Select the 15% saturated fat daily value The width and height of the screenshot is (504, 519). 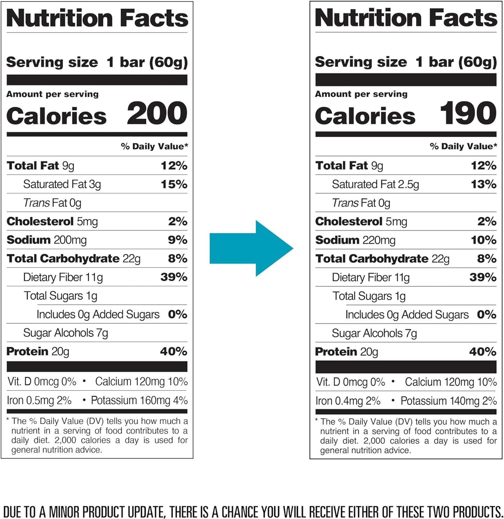pyautogui.click(x=174, y=184)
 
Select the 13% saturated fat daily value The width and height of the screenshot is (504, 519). pyautogui.click(x=483, y=184)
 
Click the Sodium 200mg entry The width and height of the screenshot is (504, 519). pyautogui.click(x=47, y=240)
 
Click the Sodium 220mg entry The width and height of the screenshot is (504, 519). pyautogui.click(x=355, y=240)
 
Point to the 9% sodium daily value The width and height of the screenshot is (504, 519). pyautogui.click(x=178, y=240)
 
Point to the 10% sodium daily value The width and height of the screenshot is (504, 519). pyautogui.click(x=483, y=240)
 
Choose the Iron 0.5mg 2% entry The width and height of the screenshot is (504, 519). pyautogui.click(x=39, y=400)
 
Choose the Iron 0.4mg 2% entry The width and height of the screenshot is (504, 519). pyautogui.click(x=348, y=401)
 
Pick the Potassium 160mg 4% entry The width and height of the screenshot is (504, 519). pyautogui.click(x=139, y=400)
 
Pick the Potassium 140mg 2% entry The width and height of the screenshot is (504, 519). pyautogui.click(x=449, y=401)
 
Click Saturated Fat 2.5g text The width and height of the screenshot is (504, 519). pyautogui.click(x=375, y=184)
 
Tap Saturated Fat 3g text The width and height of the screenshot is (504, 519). pyautogui.click(x=62, y=184)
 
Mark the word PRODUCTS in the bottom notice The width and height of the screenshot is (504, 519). pyautogui.click(x=478, y=512)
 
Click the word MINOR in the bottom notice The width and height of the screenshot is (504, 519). pyautogui.click(x=65, y=512)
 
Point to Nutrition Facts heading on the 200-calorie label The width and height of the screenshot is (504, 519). pyautogui.click(x=97, y=18)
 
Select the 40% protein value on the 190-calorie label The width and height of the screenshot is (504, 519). pyautogui.click(x=483, y=352)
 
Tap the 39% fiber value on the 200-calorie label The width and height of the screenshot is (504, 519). pyautogui.click(x=174, y=277)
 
